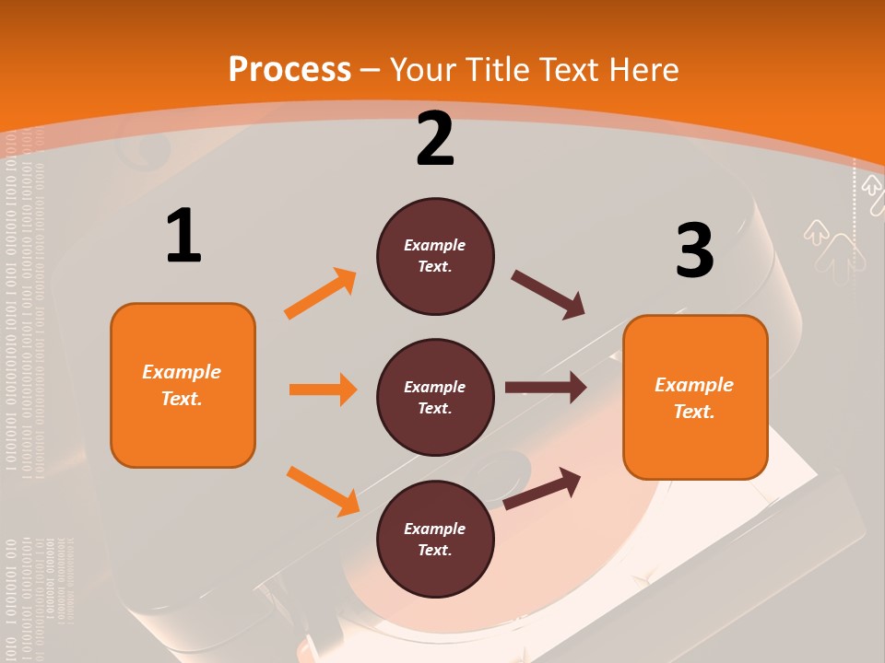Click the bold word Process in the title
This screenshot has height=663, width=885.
tap(289, 69)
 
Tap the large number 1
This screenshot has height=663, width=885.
tap(183, 236)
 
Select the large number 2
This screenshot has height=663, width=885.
tap(435, 139)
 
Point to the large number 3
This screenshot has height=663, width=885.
tap(695, 250)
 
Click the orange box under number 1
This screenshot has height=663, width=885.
tap(183, 385)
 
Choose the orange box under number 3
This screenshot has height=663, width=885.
tap(695, 398)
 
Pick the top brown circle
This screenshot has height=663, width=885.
tap(435, 256)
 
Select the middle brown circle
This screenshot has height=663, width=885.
tap(435, 398)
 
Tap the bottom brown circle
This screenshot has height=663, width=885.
tap(435, 540)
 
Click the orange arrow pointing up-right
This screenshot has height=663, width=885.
tap(320, 294)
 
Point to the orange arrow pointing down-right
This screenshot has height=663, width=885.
tap(323, 491)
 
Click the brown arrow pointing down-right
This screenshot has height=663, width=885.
tap(548, 295)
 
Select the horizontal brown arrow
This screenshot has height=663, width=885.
tap(545, 388)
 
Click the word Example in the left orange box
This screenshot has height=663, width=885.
tap(182, 372)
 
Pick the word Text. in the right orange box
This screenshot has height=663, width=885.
tap(694, 412)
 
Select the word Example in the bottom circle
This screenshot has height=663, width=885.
tap(435, 529)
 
